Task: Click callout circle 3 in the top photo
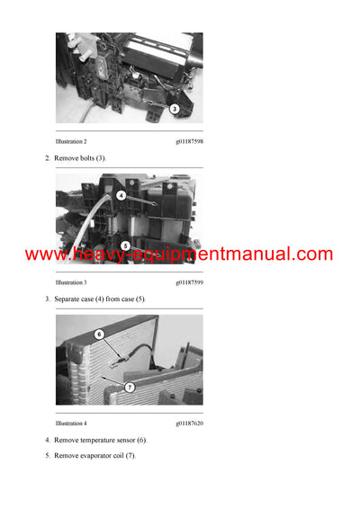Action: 175,108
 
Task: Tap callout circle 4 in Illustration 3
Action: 121,194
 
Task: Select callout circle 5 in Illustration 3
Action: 125,245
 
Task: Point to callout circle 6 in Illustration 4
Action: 100,334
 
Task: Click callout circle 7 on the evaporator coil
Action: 130,388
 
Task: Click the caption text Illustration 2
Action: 71,142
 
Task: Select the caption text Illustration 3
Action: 71,282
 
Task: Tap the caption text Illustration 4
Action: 71,423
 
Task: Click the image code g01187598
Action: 189,142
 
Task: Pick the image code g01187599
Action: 189,282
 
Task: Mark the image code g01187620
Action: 189,423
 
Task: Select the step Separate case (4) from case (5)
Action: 100,299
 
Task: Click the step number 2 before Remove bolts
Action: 48,158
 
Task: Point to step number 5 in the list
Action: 48,456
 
